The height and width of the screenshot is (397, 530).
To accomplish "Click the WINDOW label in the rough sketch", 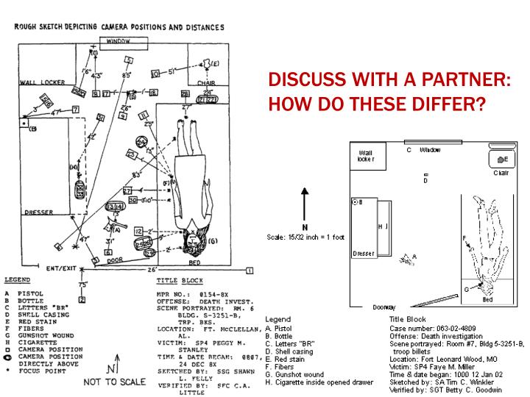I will tap(119, 42).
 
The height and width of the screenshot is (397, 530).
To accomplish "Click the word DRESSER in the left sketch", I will tap(38, 212).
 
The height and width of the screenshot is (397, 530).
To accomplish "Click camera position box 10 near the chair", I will tap(155, 74).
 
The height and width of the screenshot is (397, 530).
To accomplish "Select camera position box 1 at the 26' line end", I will tap(250, 271).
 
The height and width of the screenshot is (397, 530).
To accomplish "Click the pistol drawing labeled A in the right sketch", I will tap(406, 257).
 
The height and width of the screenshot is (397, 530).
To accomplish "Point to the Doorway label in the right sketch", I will tap(384, 306).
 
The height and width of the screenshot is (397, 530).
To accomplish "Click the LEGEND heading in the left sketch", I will tap(17, 280).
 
